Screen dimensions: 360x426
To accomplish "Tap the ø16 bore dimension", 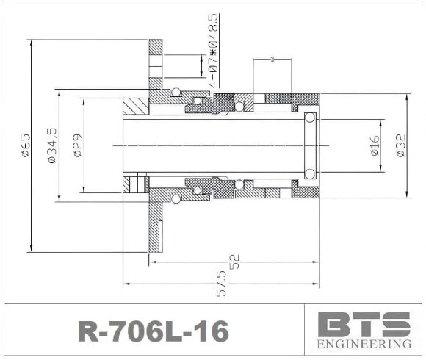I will click(x=374, y=145).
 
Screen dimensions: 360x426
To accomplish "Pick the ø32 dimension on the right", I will click(x=400, y=145).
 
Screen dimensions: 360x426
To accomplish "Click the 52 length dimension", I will click(x=235, y=262).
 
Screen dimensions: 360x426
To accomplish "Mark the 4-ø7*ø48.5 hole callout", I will click(x=212, y=50).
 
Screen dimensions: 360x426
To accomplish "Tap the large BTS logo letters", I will click(x=364, y=324).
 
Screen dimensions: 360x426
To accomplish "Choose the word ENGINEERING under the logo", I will click(x=364, y=344).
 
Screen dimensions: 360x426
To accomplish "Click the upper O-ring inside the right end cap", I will click(x=310, y=118).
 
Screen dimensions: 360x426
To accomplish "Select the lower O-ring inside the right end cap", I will click(x=310, y=173).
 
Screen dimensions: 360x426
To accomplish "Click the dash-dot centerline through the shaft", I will click(x=220, y=145).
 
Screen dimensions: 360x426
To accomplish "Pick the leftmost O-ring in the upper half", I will click(x=176, y=92).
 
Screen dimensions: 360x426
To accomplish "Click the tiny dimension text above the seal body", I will click(x=273, y=58).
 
